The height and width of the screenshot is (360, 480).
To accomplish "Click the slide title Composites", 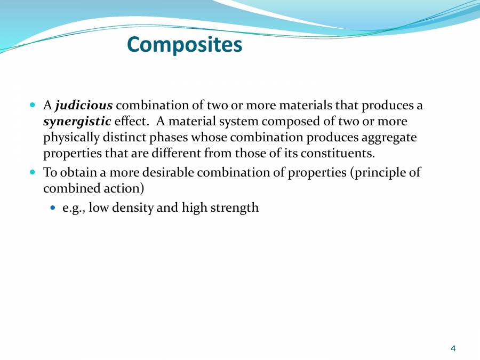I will (185, 44).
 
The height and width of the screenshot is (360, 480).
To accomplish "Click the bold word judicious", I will (84, 106).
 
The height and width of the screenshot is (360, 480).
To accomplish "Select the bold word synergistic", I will (77, 122).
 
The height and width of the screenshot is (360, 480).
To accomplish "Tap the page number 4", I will (453, 348).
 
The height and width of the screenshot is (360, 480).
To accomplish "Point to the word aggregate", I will (389, 138).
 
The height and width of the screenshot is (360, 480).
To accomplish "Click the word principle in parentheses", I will (383, 173).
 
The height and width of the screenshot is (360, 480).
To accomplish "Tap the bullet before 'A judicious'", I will (33, 106).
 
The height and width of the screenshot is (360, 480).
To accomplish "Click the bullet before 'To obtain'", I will (33, 173).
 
